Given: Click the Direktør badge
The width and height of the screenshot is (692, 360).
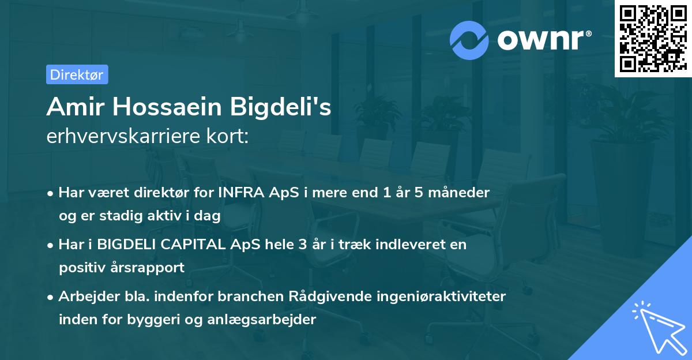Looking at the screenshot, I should (x=77, y=74).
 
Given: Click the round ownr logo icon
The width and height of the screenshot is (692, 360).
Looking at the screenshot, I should (x=470, y=40).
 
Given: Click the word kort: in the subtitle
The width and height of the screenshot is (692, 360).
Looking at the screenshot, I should (x=230, y=137).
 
